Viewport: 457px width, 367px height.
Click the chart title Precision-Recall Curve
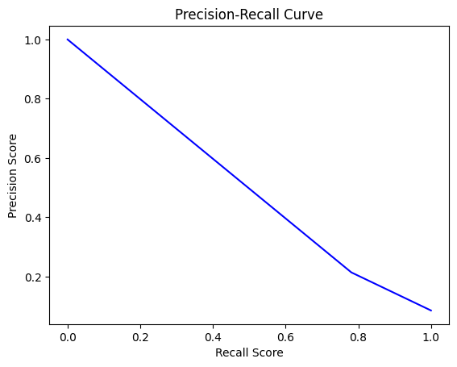point(249,14)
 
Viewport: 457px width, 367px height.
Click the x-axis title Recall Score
point(249,352)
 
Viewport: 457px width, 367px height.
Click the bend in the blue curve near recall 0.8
point(351,273)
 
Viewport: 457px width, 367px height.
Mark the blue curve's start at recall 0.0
point(68,40)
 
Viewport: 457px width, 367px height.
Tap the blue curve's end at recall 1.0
point(431,311)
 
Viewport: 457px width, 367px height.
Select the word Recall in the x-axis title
point(231,352)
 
